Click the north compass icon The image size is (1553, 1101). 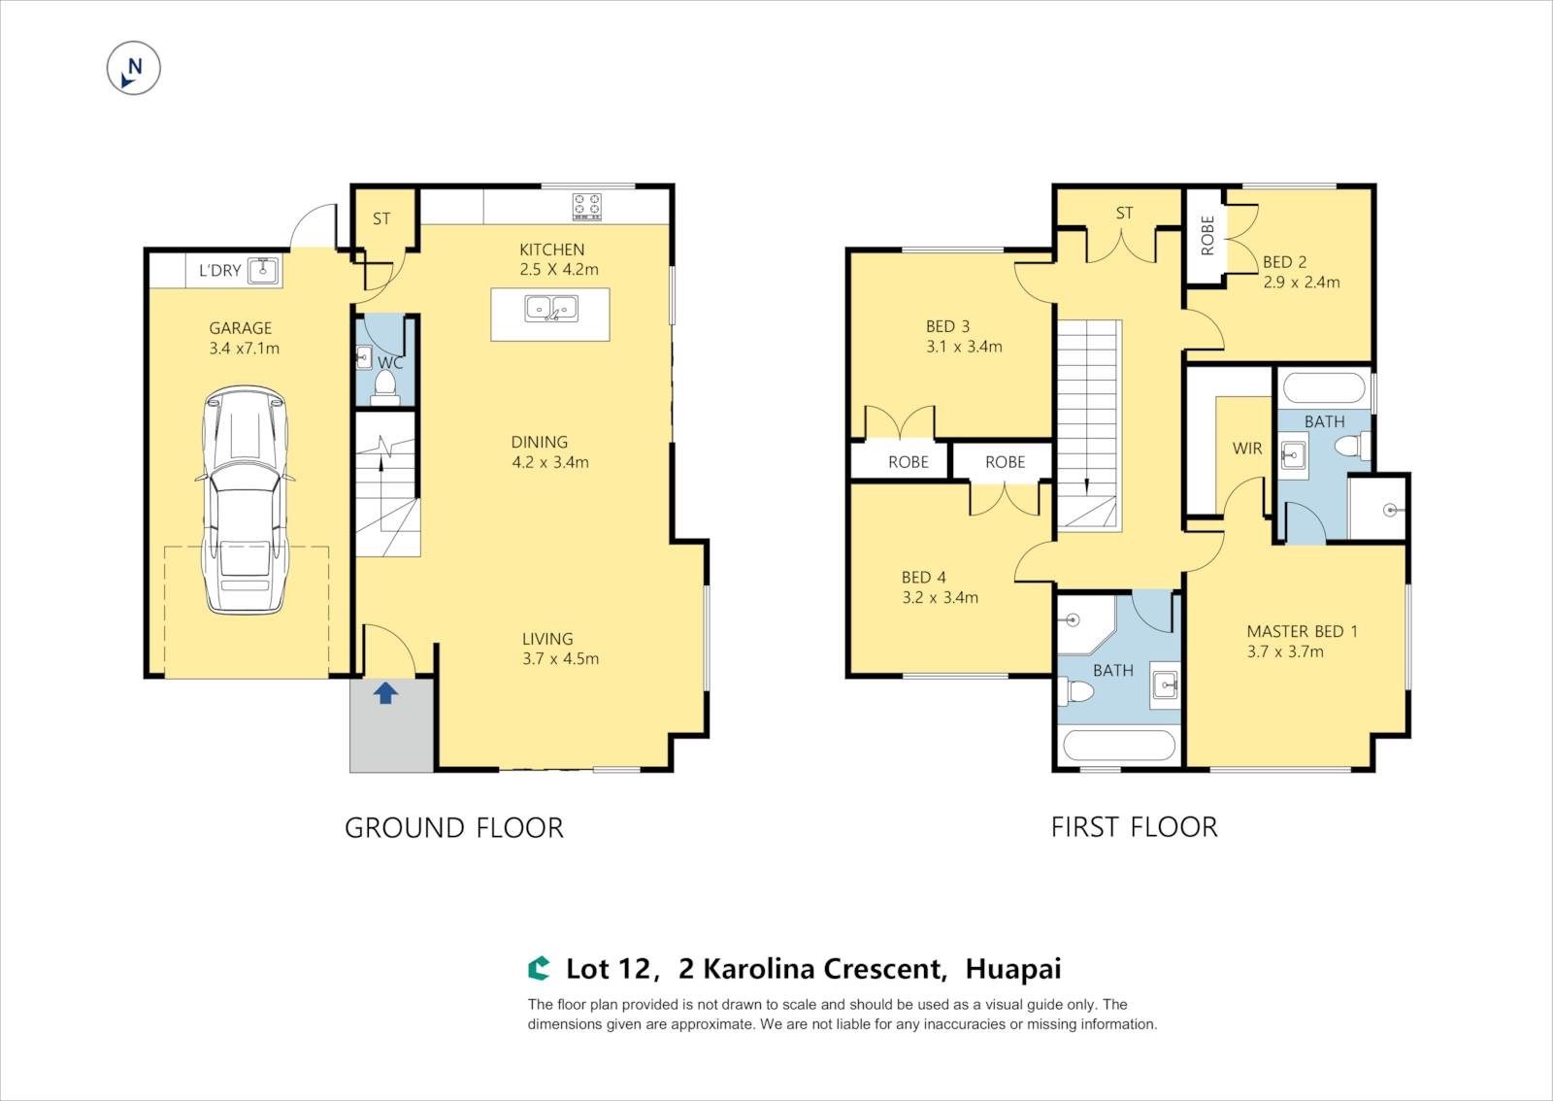pyautogui.click(x=134, y=68)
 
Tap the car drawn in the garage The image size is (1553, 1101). pyautogui.click(x=245, y=500)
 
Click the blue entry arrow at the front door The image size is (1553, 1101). pyautogui.click(x=385, y=692)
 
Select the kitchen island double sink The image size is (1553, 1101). pyautogui.click(x=551, y=308)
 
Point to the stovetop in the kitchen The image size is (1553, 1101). pyautogui.click(x=587, y=207)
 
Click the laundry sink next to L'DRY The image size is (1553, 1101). pyautogui.click(x=263, y=270)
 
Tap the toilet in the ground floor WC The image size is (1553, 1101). pyautogui.click(x=384, y=386)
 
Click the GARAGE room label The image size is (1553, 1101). pyautogui.click(x=241, y=328)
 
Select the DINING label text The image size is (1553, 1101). pyautogui.click(x=540, y=442)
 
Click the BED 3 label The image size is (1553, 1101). pyautogui.click(x=947, y=326)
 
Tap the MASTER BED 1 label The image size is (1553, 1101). pyautogui.click(x=1302, y=631)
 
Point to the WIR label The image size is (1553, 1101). pyautogui.click(x=1247, y=449)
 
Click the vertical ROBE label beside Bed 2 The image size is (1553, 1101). pyautogui.click(x=1207, y=235)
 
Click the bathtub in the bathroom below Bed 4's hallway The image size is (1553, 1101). pyautogui.click(x=1119, y=746)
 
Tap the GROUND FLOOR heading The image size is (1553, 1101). pyautogui.click(x=454, y=828)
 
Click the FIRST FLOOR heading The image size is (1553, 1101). pyautogui.click(x=1135, y=827)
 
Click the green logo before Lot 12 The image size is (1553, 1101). pyautogui.click(x=539, y=969)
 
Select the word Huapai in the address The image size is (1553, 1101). pyautogui.click(x=1013, y=969)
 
